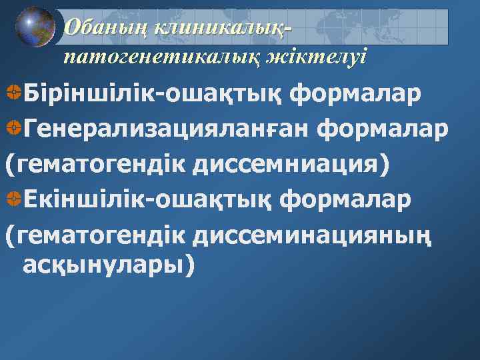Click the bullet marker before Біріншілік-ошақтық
click(12, 95)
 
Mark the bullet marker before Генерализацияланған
click(12, 129)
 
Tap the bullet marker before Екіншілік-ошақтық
click(12, 198)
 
